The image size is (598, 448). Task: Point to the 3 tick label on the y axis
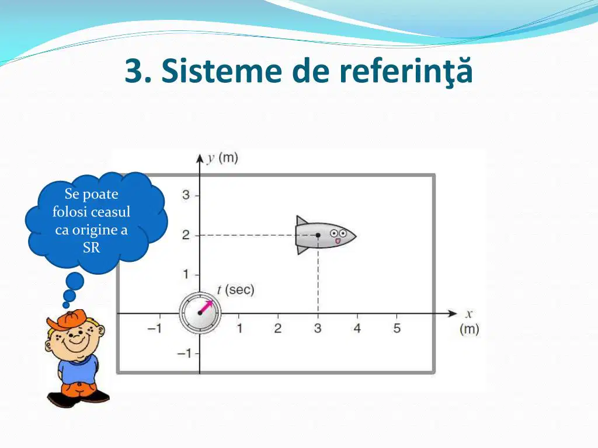(x=186, y=195)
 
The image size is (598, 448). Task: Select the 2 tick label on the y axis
(x=186, y=235)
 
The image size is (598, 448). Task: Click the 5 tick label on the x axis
(x=397, y=328)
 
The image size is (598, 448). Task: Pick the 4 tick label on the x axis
(x=357, y=328)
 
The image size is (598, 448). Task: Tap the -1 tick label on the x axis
(x=155, y=328)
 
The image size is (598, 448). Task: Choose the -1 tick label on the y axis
(x=184, y=353)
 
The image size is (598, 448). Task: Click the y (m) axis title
(x=222, y=157)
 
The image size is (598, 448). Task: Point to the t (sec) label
(x=236, y=290)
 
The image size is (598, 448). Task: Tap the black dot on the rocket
(x=318, y=235)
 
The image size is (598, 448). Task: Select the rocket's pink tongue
(x=338, y=242)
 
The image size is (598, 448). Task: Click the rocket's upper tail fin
(x=301, y=220)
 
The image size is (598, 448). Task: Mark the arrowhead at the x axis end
(x=453, y=313)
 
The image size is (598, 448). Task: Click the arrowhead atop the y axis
(x=200, y=159)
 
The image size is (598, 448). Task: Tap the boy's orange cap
(x=66, y=320)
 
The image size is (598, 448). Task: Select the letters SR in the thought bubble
(x=91, y=247)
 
